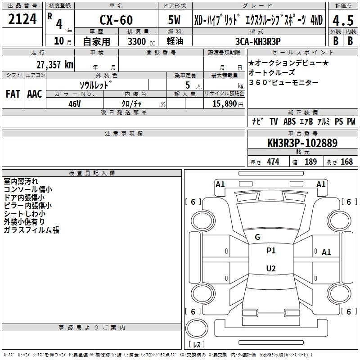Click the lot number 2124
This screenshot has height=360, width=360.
coord(22,19)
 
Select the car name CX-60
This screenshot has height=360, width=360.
coord(116,20)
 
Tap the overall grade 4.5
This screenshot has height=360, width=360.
coord(343,20)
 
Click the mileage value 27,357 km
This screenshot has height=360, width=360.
coord(54,65)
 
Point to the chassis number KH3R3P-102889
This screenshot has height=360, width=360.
coord(302,143)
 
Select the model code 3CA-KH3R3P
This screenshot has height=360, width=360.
coord(258,41)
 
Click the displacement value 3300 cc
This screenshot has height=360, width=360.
coord(141,41)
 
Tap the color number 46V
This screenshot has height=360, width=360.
coord(75,104)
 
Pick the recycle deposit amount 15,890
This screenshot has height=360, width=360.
coord(225,103)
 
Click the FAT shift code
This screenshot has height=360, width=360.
coord(13,94)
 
